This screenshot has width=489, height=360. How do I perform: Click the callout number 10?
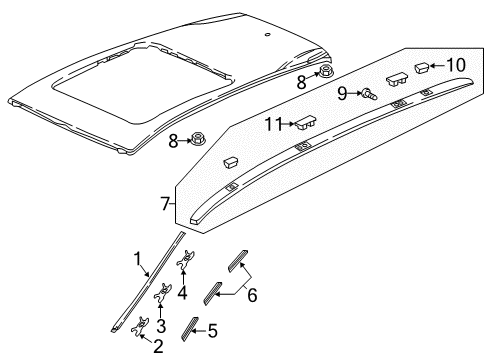pyautogui.click(x=456, y=65)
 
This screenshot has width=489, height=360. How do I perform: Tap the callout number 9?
pyautogui.click(x=342, y=94)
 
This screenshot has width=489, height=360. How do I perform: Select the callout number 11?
pyautogui.click(x=273, y=124)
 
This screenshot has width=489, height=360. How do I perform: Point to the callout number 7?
pyautogui.click(x=165, y=204)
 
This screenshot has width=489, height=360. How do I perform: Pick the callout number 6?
pyautogui.click(x=252, y=295)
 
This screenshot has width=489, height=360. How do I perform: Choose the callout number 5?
pyautogui.click(x=212, y=331)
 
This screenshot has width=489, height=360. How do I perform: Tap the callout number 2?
pyautogui.click(x=158, y=346)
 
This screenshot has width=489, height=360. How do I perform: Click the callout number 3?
pyautogui.click(x=161, y=326)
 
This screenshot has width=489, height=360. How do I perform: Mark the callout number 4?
pyautogui.click(x=182, y=293)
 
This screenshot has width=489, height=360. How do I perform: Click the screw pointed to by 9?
pyautogui.click(x=369, y=94)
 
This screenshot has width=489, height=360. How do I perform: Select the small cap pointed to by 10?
pyautogui.click(x=422, y=68)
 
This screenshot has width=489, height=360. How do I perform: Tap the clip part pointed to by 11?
pyautogui.click(x=305, y=122)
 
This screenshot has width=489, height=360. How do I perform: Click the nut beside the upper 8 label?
pyautogui.click(x=324, y=71)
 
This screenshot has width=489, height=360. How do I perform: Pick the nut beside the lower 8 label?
pyautogui.click(x=198, y=138)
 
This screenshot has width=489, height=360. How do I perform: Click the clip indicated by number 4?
pyautogui.click(x=185, y=260)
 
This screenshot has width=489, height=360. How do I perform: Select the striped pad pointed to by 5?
pyautogui.click(x=189, y=328)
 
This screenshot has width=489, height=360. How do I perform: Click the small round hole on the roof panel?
pyautogui.click(x=267, y=34)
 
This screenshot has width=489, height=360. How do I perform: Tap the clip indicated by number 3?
pyautogui.click(x=163, y=292)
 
